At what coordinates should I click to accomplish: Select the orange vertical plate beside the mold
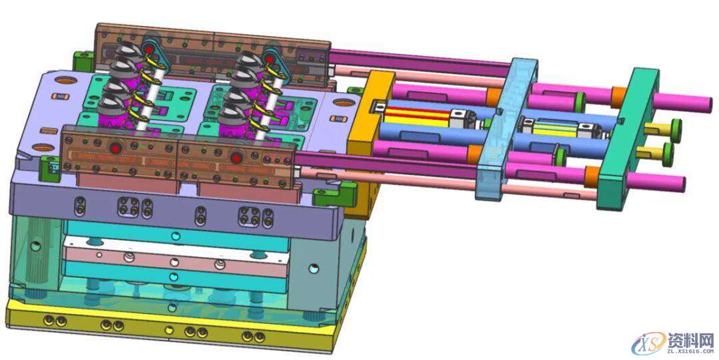click(x=367, y=138)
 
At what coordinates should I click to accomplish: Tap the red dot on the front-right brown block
click(x=236, y=158)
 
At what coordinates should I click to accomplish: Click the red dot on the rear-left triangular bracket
click(x=148, y=47)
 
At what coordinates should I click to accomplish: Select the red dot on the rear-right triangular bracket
click(x=270, y=59)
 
